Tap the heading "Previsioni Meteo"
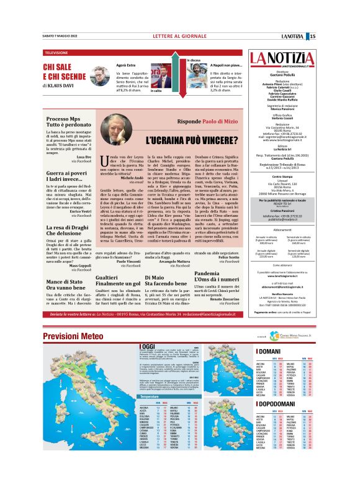69,336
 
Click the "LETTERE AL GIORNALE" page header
180,36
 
